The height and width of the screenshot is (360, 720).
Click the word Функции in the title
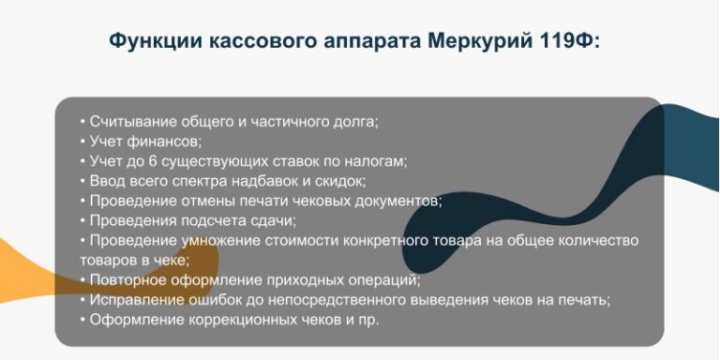156,41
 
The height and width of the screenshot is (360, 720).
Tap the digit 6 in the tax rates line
154,161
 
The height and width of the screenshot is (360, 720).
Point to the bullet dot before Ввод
82,181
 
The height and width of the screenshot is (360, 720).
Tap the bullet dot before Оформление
82,320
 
